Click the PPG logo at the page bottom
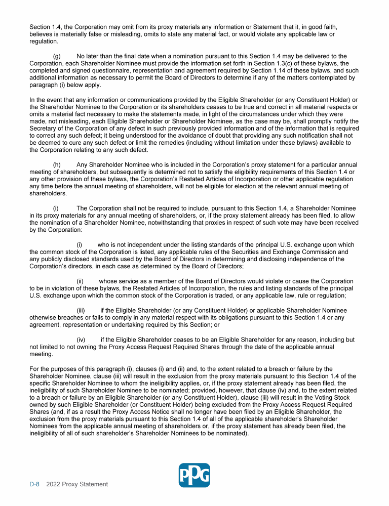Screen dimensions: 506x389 (194, 475)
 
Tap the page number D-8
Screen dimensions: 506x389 (34, 484)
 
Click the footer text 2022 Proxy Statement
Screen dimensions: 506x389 (77, 484)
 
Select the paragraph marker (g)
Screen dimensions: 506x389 (56, 56)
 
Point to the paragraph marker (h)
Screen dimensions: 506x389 (56, 165)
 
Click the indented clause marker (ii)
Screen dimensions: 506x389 (80, 281)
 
